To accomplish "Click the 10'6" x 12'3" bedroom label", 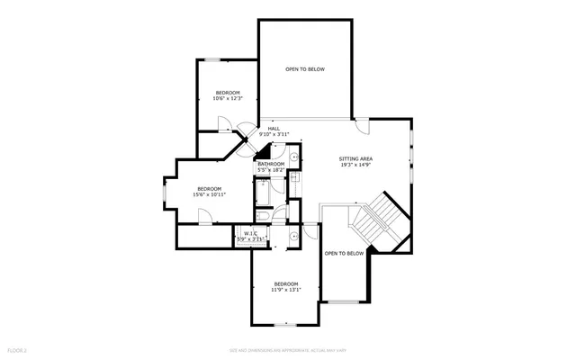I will (228, 93).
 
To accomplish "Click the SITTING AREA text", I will (355, 158).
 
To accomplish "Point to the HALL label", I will (274, 129).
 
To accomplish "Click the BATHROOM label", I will (271, 164).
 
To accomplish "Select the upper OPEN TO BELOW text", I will (305, 69).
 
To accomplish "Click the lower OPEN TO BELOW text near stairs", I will (344, 254).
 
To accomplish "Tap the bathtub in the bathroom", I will (263, 193).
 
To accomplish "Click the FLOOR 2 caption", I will (17, 348).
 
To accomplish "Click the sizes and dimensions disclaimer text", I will (287, 348).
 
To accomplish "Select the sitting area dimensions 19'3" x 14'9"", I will (355, 166).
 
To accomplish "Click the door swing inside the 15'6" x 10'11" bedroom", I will (204, 216).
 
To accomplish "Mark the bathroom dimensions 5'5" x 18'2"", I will (271, 170).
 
